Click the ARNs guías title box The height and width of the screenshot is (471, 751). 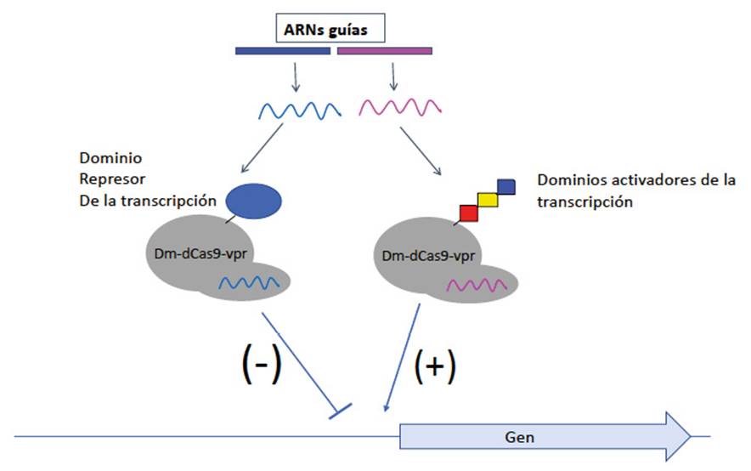click(x=333, y=31)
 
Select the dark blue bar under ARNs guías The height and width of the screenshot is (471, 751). click(x=282, y=51)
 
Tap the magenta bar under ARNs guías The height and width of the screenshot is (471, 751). click(x=385, y=51)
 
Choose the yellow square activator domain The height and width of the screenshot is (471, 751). click(x=488, y=199)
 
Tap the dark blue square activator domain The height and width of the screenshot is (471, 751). click(x=505, y=186)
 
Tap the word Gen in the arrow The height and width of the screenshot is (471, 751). click(x=519, y=437)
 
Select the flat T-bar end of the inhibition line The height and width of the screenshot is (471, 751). click(x=341, y=413)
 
